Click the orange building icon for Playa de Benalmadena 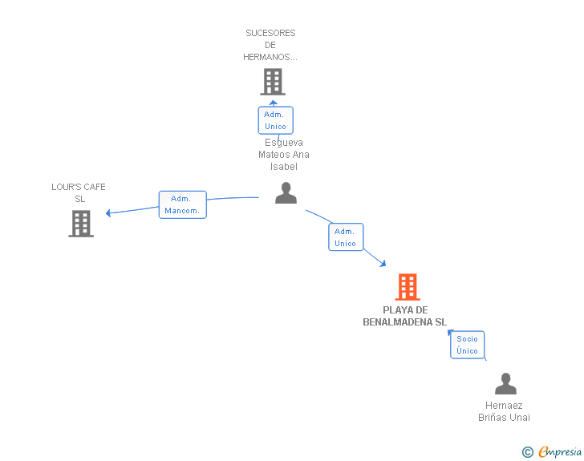tap(408, 287)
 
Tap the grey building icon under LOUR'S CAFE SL tap(81, 224)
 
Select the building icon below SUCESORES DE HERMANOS tap(273, 82)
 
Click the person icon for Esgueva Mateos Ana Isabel tap(286, 193)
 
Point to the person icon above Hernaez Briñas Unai tap(505, 383)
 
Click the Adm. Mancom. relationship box tap(183, 204)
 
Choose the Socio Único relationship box tap(467, 345)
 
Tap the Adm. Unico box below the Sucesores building tap(276, 120)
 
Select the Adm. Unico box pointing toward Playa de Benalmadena tap(346, 237)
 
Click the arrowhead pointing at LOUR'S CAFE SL tap(108, 212)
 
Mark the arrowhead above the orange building tap(383, 264)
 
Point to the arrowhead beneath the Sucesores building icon tap(274, 103)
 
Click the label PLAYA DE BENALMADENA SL tap(405, 316)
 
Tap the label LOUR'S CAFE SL tap(79, 192)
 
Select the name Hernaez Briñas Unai tap(504, 411)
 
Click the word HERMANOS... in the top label tap(270, 57)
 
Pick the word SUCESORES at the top tap(270, 33)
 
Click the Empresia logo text tap(560, 451)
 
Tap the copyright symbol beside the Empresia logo tap(528, 452)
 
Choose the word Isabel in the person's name tap(284, 167)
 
